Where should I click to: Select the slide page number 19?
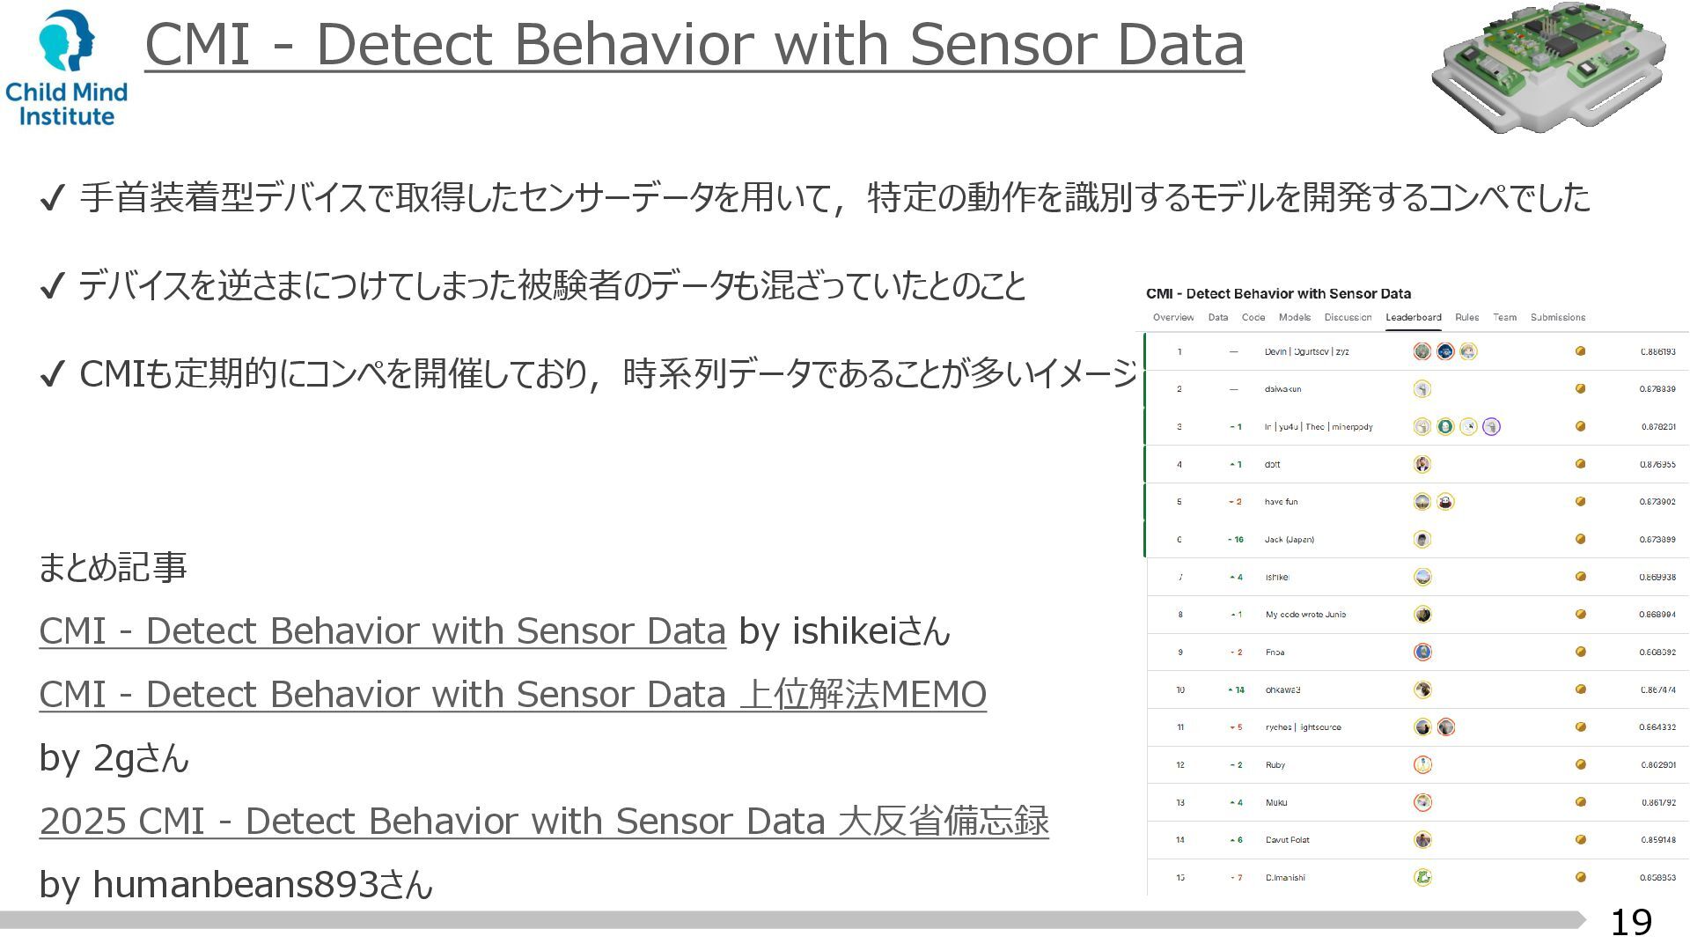pos(1630,922)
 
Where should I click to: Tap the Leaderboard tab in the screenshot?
pos(1413,318)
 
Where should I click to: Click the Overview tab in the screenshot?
pos(1172,318)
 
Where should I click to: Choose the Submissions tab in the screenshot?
pos(1557,318)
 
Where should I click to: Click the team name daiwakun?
pos(1282,389)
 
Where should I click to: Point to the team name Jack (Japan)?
pos(1289,540)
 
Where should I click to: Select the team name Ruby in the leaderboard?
pos(1275,765)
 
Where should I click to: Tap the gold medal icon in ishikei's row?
pos(1580,577)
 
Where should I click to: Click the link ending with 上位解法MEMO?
pos(512,695)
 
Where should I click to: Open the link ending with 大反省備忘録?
pos(544,822)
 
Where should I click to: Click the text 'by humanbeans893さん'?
pos(236,885)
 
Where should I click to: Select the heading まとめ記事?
pos(113,568)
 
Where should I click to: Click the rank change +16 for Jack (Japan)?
pos(1235,540)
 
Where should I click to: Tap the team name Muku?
pos(1275,803)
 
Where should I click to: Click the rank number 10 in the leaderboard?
pos(1180,690)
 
